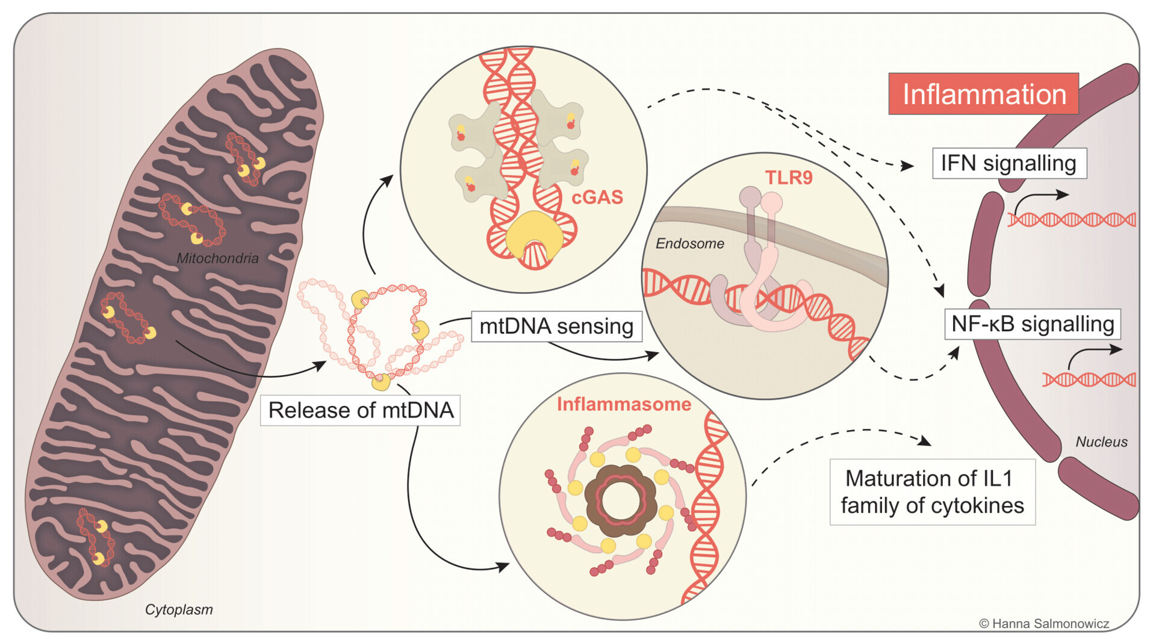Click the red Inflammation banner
(x=983, y=94)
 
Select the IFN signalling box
(x=1009, y=163)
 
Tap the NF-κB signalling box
(x=1032, y=324)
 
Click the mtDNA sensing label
(x=556, y=326)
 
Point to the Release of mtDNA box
(x=360, y=410)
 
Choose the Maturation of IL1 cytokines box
(x=932, y=492)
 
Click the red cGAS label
(x=597, y=197)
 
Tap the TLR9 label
(x=789, y=178)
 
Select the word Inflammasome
(x=624, y=404)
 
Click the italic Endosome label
(x=689, y=243)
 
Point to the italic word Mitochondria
(x=217, y=258)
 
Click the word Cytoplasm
(x=179, y=609)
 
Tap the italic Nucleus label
(x=1101, y=442)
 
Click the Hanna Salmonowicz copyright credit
(x=1044, y=624)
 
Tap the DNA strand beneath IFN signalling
(x=1072, y=220)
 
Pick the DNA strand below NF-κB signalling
(x=1089, y=379)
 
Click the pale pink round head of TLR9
(x=772, y=202)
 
